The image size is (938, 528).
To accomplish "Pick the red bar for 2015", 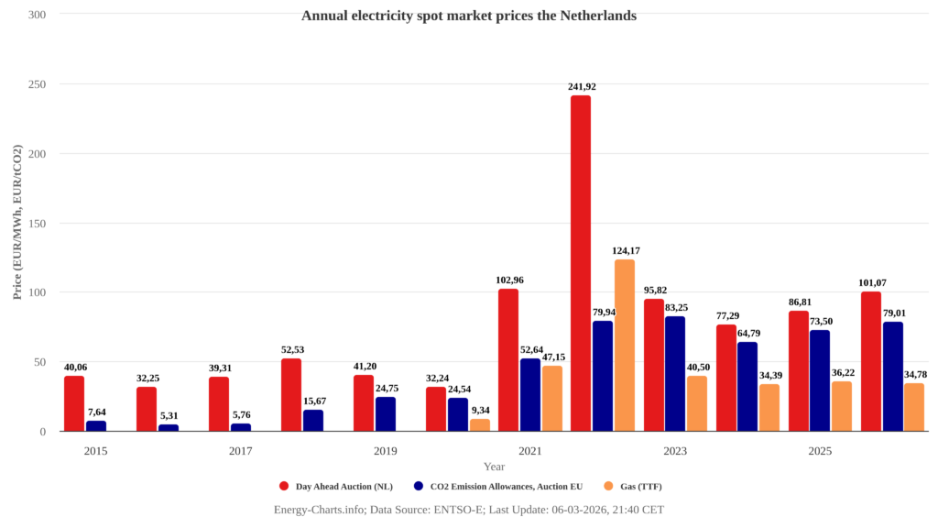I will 74,403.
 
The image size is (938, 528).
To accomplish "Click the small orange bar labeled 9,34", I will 480,425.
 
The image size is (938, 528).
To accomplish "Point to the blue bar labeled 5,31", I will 169,428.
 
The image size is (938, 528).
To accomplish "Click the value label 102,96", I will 508,280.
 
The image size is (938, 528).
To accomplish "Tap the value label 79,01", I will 893,313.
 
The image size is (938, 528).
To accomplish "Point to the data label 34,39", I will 769,375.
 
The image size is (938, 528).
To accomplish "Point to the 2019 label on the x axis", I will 386,451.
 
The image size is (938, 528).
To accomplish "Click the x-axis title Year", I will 494,467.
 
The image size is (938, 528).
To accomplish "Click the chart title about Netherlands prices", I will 469,16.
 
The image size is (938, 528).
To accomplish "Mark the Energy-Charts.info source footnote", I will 469,510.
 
